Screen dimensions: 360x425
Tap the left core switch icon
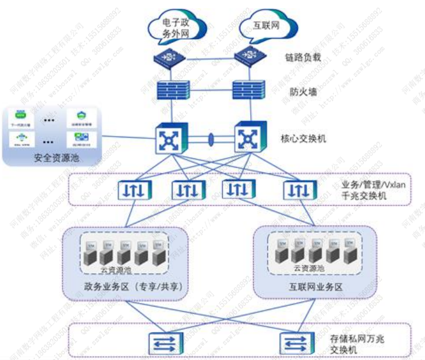click(171, 139)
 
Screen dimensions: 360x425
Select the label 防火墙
click(301, 91)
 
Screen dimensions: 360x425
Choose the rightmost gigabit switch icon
click(300, 190)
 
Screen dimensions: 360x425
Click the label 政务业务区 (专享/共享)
click(124, 287)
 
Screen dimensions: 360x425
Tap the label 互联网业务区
click(312, 287)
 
